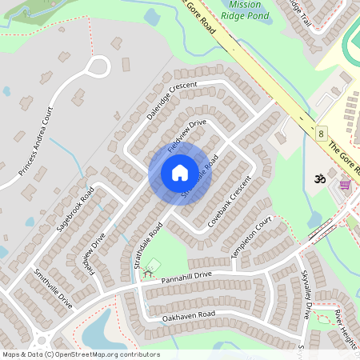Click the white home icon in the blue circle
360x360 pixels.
pyautogui.click(x=179, y=173)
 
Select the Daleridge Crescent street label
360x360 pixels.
pyautogui.click(x=171, y=100)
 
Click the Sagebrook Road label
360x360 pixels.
pyautogui.click(x=75, y=209)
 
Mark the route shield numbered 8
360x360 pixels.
pyautogui.click(x=320, y=133)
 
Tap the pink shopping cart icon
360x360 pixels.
pyautogui.click(x=345, y=185)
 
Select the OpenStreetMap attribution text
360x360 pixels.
pyautogui.click(x=81, y=354)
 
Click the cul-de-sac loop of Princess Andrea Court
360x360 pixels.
pyautogui.click(x=98, y=66)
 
